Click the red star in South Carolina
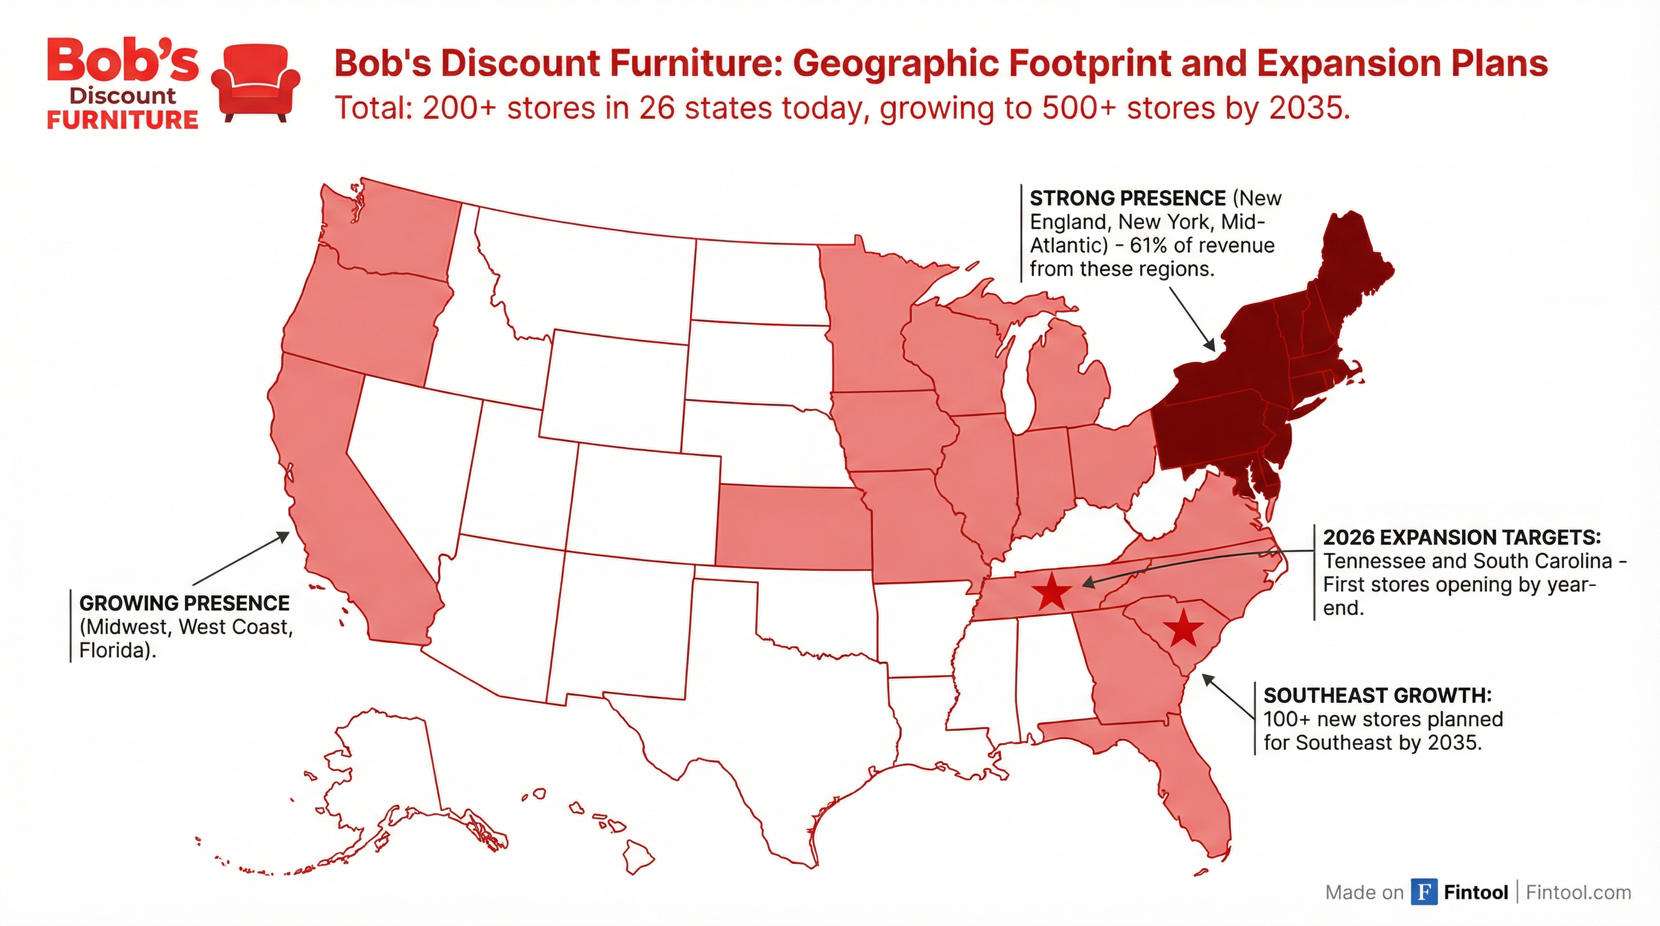(1183, 629)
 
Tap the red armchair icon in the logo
(256, 83)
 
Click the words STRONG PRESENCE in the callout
(1127, 198)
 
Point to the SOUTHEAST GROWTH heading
(1377, 696)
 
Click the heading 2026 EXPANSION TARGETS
(1462, 537)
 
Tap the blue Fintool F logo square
(1424, 892)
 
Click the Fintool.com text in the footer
(1578, 892)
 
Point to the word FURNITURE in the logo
(122, 120)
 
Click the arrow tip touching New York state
(1213, 348)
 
